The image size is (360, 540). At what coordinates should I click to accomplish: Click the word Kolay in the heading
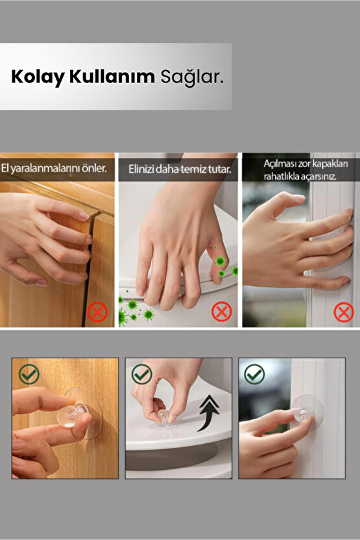[38, 77]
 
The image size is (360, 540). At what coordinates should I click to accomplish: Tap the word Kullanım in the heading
[112, 76]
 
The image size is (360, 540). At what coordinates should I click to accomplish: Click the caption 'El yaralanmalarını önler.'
[54, 168]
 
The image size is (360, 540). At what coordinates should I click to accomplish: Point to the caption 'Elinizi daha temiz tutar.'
[180, 169]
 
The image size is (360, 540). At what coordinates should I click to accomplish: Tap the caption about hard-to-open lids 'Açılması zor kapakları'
[306, 164]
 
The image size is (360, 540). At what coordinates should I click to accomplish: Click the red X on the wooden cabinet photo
[97, 312]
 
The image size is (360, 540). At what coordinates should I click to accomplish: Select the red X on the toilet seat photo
[222, 312]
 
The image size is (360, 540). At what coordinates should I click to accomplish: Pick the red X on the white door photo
[344, 312]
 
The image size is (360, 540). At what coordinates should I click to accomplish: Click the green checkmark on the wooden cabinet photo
[29, 374]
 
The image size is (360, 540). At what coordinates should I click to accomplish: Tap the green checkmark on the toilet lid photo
[142, 374]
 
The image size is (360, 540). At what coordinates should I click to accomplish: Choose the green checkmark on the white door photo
[254, 374]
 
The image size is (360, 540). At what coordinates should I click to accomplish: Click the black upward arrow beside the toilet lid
[208, 413]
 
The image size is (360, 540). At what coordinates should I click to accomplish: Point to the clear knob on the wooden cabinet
[71, 415]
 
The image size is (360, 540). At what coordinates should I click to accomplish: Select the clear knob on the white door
[302, 414]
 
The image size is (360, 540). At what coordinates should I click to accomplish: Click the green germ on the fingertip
[221, 261]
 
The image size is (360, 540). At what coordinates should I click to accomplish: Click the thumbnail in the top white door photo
[298, 199]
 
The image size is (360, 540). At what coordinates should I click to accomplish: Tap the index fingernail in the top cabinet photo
[83, 215]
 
